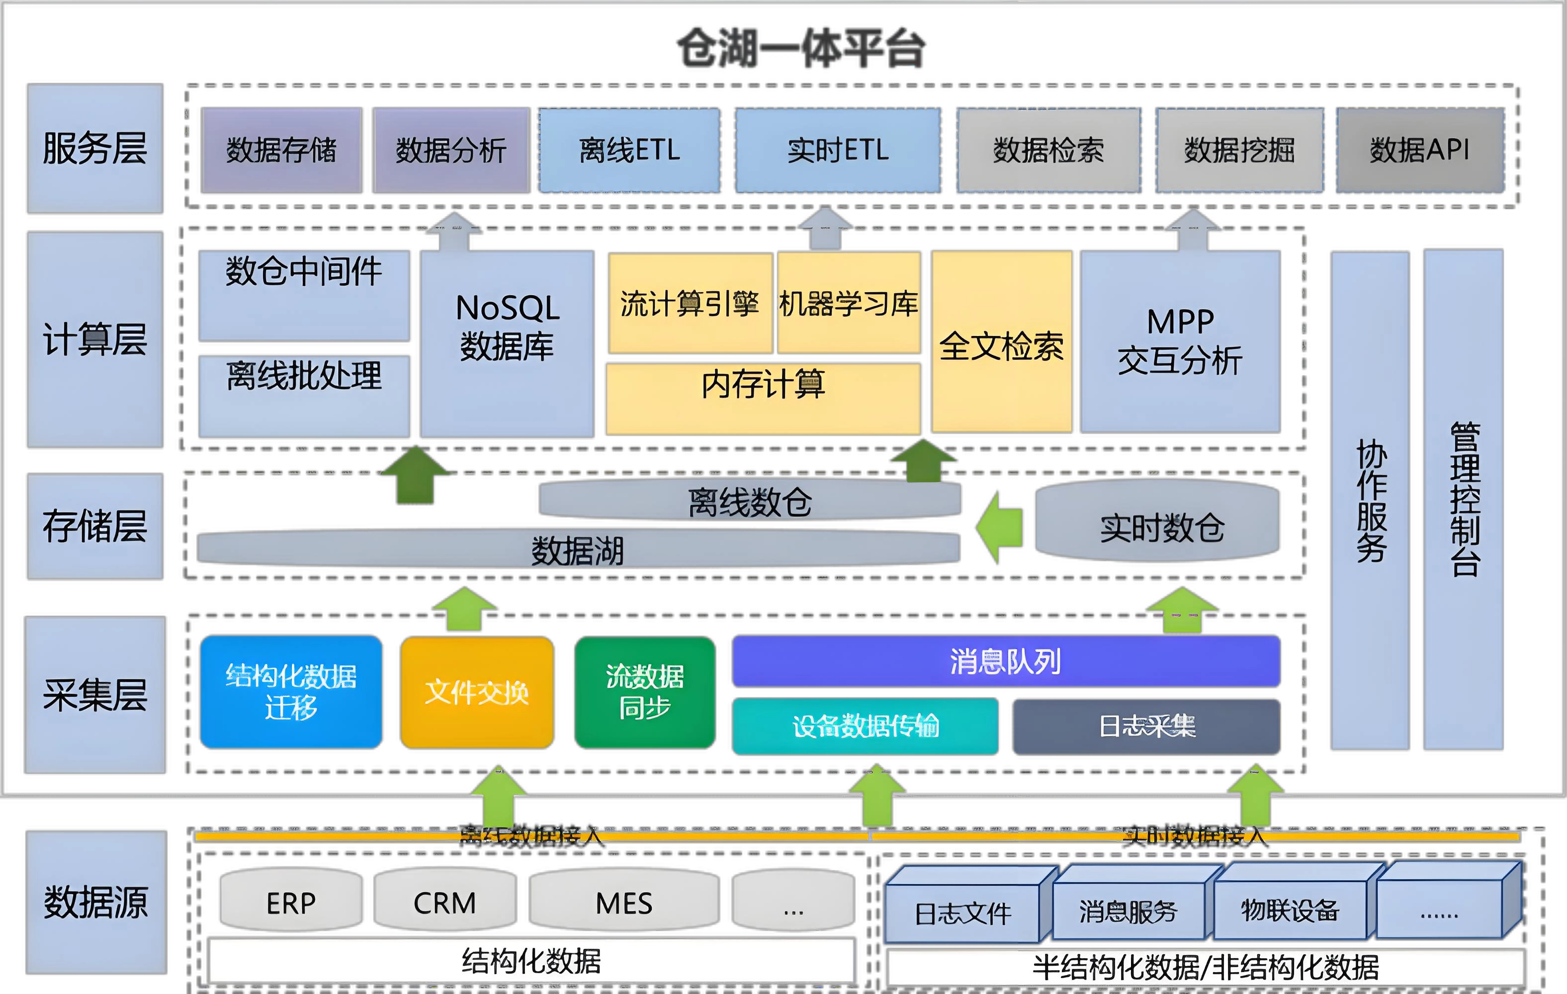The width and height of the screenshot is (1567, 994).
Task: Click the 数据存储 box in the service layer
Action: [281, 150]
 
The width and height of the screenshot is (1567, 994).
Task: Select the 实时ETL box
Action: [838, 150]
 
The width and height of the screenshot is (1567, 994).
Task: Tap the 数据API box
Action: [1420, 150]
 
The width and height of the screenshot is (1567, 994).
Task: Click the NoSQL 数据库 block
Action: [507, 343]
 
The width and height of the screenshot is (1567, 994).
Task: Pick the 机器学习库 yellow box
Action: [849, 303]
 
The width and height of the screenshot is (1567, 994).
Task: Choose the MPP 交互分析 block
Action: [1180, 341]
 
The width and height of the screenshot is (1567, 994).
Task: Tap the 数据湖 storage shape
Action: [578, 548]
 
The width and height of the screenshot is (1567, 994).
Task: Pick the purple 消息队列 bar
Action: [1005, 662]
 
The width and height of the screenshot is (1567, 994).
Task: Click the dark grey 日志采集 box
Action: [1146, 727]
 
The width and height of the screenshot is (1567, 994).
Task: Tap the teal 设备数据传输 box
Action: [865, 726]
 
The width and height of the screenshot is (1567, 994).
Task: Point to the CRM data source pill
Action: [445, 902]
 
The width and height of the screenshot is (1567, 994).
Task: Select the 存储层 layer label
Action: [95, 526]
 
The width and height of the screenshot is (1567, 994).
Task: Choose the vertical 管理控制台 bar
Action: [1464, 499]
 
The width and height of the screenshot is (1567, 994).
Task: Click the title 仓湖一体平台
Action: [800, 49]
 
